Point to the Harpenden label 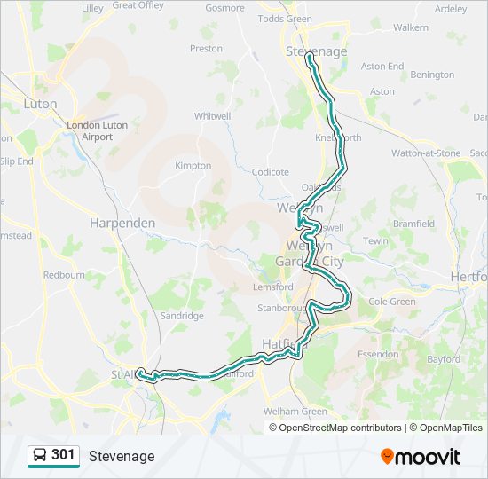[122, 224]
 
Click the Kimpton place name [193, 166]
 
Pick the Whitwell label [212, 116]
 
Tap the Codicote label [271, 172]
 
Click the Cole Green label [391, 302]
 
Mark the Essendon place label [377, 354]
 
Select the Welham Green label [295, 412]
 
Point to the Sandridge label [182, 316]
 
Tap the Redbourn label [64, 275]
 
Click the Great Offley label [138, 5]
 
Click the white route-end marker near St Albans [141, 373]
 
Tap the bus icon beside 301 [39, 456]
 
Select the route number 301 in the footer [64, 455]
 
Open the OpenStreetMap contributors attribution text [340, 428]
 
